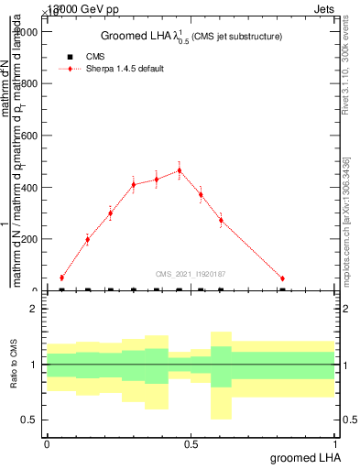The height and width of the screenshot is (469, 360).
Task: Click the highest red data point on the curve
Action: tap(179, 170)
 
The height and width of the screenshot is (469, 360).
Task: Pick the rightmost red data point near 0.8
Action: tap(282, 278)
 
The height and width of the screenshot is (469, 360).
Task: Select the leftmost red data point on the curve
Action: tap(61, 278)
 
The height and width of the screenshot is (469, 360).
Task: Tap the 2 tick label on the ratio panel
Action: tap(33, 310)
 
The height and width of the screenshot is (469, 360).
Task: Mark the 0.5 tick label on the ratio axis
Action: tap(29, 420)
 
